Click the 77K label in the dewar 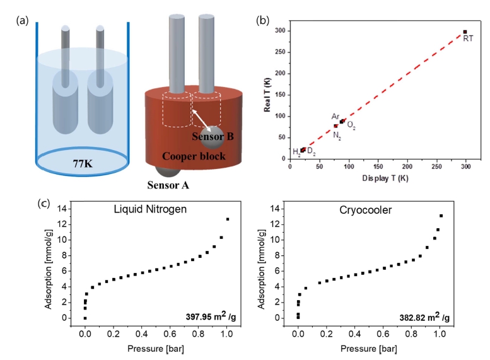point(83,163)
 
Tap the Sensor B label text point(213,136)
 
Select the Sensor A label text point(168,185)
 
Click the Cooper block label point(194,156)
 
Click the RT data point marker point(465,32)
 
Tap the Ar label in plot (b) point(335,117)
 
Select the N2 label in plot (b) point(337,136)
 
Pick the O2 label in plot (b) point(351,125)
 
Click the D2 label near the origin point(312,151)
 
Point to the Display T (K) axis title point(385,178)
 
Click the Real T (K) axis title point(267,95)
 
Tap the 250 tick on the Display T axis point(436,166)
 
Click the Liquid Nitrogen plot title point(150,209)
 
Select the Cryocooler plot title point(365,210)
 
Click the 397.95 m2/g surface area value point(211,316)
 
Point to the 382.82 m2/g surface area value point(424,317)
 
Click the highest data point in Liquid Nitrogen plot point(228,219)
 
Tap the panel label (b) point(262,20)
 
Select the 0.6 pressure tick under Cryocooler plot point(383,334)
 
